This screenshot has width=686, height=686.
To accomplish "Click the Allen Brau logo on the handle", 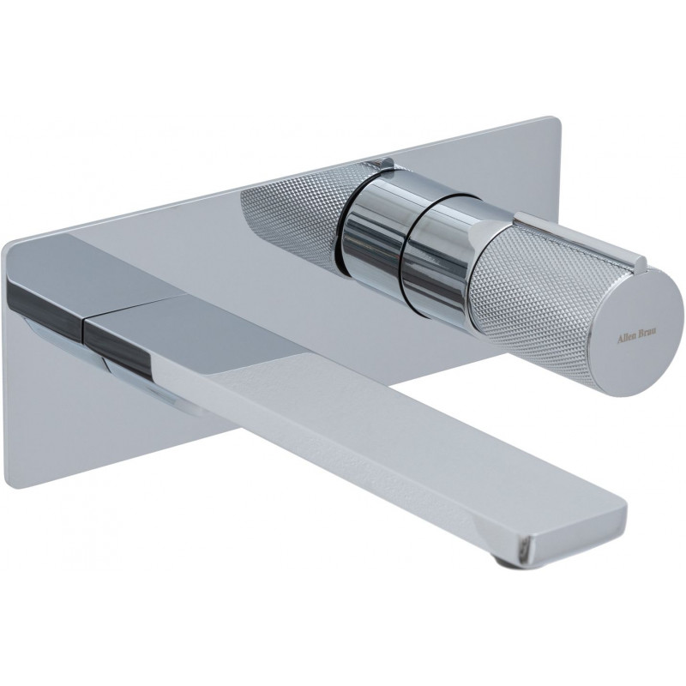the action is pos(636,339).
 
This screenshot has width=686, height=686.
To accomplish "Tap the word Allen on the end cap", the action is pos(626,339).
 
